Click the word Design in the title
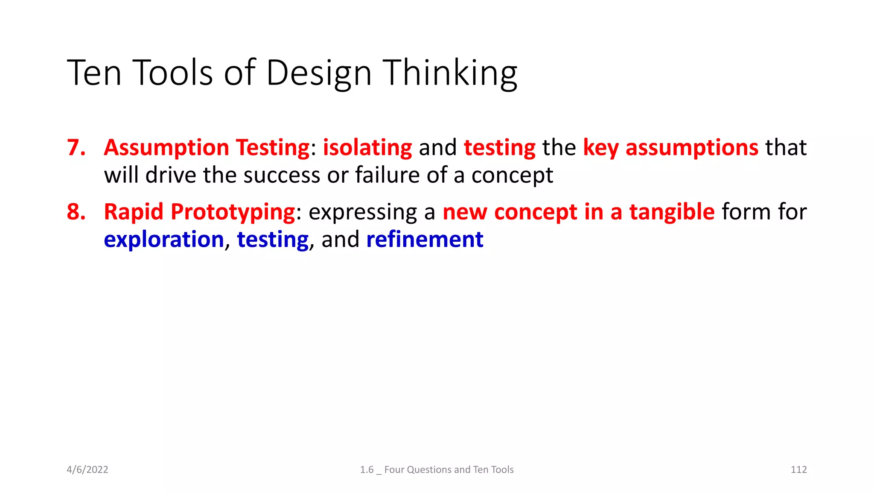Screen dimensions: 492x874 point(319,73)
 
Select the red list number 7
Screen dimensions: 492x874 point(76,148)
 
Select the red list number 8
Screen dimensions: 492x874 point(76,212)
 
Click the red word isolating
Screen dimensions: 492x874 point(367,148)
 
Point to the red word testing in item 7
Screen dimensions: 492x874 point(499,148)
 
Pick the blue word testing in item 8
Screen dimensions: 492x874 point(273,240)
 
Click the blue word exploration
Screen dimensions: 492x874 point(164,240)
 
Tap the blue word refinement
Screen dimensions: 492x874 point(425,240)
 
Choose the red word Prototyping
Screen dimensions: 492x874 point(233,212)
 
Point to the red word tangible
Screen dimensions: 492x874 point(672,212)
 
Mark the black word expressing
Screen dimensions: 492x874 point(362,212)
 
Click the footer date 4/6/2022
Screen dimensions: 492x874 point(87,469)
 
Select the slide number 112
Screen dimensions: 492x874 point(798,469)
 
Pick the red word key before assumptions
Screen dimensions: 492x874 point(600,148)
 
